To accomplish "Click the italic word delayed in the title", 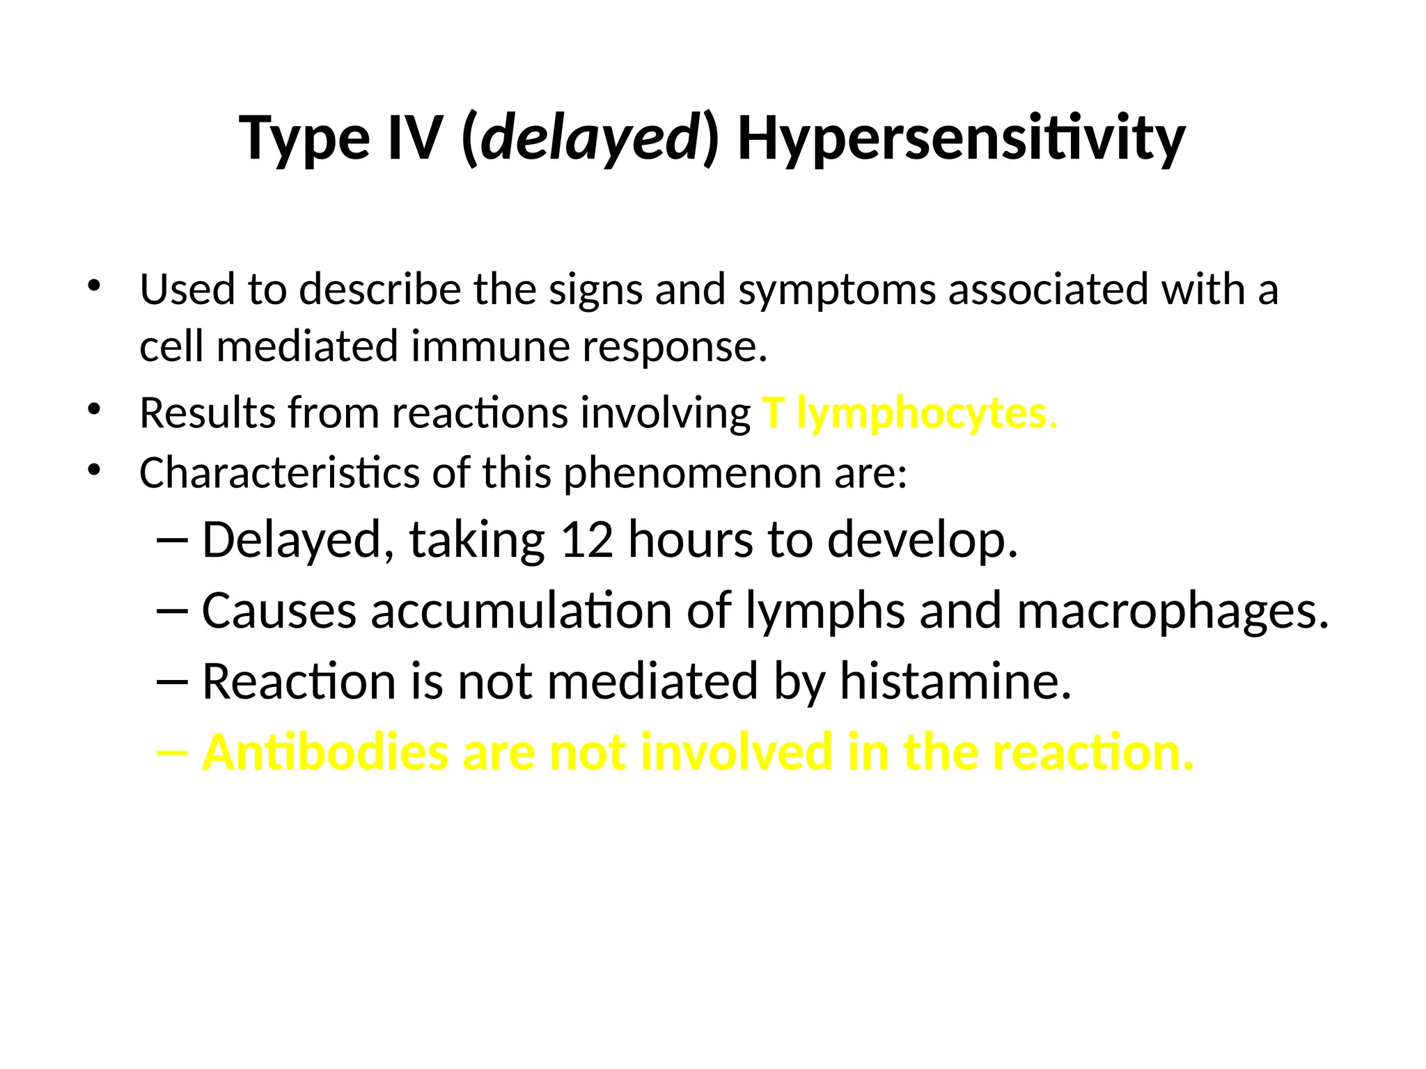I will (x=590, y=138).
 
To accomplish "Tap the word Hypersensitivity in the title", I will (x=961, y=138).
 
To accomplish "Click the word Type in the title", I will (x=304, y=138).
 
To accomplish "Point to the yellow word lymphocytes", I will (x=926, y=413).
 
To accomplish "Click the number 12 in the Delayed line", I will (x=587, y=540).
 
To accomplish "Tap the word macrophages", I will (x=1172, y=611).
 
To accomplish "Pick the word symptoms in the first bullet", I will (x=836, y=290).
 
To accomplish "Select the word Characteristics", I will (x=279, y=473).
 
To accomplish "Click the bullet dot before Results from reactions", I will (x=94, y=409).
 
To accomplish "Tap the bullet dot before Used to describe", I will (x=94, y=285).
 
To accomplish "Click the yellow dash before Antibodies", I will (x=172, y=752).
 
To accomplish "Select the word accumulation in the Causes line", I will (x=522, y=611).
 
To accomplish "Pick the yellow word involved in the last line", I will (x=736, y=752).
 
